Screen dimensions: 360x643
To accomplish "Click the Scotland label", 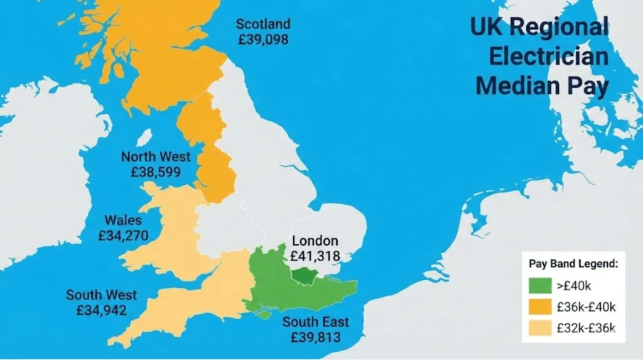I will tap(263, 25).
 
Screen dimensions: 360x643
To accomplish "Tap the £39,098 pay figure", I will tap(263, 39).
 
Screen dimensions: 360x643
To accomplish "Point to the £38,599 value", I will tap(155, 172).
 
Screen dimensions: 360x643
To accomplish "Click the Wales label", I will tap(123, 221).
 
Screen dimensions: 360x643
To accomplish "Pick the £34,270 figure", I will tap(124, 236).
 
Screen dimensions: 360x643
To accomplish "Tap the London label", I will tap(315, 241).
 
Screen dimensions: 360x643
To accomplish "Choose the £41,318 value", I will tap(315, 256).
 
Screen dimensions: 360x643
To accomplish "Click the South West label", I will tap(101, 295).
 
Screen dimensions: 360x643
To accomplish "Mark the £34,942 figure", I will tap(102, 310).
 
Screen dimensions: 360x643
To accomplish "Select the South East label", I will tap(315, 322).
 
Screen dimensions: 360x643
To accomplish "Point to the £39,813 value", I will tap(315, 337).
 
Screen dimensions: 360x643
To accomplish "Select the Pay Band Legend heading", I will tap(573, 264).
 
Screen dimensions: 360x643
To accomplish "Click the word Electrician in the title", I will tap(548, 57).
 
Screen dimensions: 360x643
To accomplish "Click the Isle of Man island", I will tap(144, 137).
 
